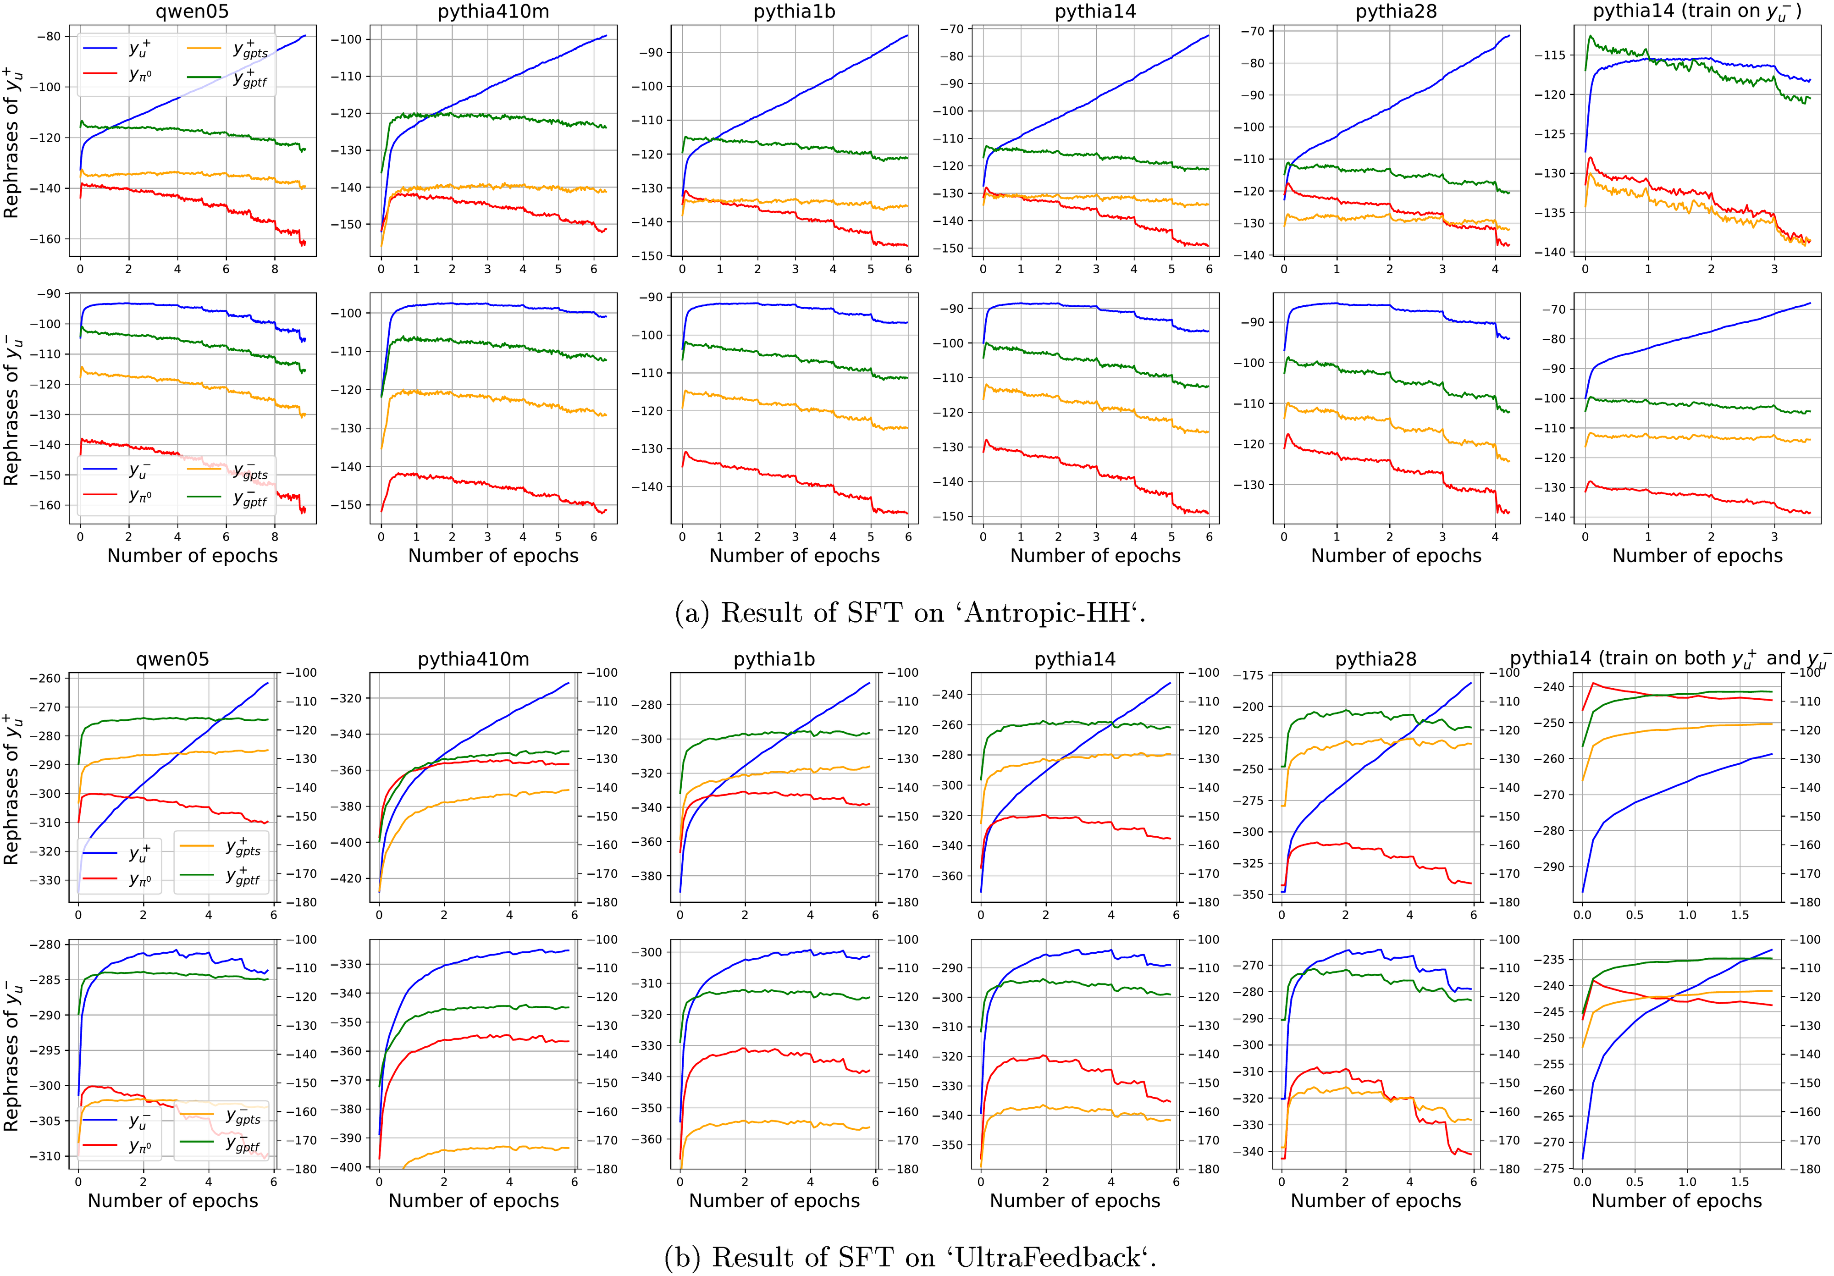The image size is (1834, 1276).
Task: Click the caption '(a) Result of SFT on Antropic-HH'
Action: [910, 613]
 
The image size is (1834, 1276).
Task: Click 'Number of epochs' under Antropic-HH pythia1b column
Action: [794, 556]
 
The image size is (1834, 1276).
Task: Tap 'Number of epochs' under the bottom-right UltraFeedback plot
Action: [1676, 1201]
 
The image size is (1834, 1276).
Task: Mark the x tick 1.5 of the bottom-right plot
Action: [1740, 1182]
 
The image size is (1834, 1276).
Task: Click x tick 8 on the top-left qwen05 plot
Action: [275, 269]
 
